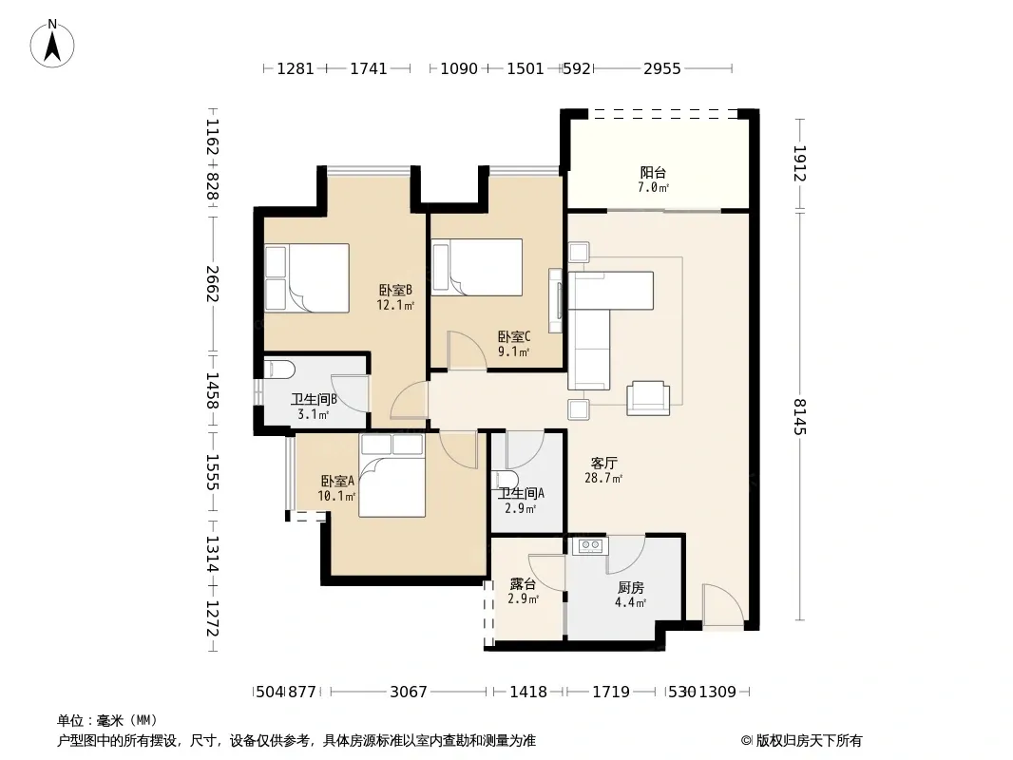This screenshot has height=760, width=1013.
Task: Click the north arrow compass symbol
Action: point(52,44)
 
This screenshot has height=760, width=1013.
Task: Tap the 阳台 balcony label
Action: point(653,172)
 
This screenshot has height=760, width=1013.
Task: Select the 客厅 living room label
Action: point(604,463)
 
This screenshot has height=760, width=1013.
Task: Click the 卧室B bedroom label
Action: point(395,290)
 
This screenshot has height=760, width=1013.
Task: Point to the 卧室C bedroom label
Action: point(514,336)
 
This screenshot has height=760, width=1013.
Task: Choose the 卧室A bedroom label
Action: point(337,481)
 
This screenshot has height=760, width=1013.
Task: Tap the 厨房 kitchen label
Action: point(631,588)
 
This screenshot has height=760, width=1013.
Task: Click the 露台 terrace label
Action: point(523,583)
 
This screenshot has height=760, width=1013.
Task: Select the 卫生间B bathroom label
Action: point(314,400)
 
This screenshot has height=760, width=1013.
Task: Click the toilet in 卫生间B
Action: point(279,370)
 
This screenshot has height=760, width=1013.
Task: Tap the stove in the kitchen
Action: point(590,545)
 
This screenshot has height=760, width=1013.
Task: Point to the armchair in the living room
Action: point(648,398)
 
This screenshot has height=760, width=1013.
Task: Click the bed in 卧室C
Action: point(477,267)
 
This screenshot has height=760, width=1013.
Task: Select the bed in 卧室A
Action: point(392,475)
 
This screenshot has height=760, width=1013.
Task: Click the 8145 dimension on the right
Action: point(800,416)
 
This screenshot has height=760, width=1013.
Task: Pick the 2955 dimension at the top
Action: point(662,68)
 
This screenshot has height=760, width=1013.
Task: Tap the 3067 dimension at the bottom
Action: point(409,692)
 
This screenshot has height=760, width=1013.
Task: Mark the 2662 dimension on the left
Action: point(213,283)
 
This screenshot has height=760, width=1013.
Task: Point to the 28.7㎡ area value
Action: point(603,479)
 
